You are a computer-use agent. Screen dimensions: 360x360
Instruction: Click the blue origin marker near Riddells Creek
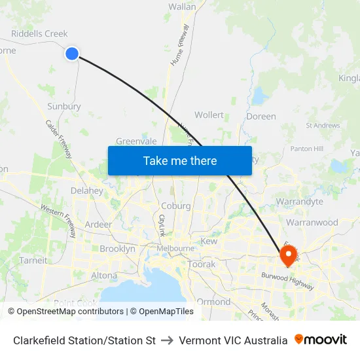(72, 54)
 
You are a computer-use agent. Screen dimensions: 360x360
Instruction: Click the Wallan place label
(182, 7)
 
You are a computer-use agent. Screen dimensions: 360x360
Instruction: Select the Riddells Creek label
(39, 34)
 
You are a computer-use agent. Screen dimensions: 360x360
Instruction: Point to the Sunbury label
(63, 106)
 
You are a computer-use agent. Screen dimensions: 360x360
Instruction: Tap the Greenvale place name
(136, 141)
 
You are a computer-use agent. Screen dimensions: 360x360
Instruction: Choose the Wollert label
(209, 115)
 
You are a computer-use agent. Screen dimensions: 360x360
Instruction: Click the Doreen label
(261, 117)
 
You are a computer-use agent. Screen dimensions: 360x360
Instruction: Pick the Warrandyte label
(300, 202)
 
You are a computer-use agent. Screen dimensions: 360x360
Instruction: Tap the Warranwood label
(312, 223)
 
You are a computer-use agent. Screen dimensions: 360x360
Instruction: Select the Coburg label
(176, 206)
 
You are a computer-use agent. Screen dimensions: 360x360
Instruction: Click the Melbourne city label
(175, 249)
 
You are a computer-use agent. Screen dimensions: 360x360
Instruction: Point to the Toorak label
(201, 264)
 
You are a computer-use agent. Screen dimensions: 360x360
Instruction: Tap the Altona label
(104, 276)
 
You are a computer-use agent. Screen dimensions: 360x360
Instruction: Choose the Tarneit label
(33, 261)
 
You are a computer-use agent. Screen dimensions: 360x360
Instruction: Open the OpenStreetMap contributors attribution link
(65, 312)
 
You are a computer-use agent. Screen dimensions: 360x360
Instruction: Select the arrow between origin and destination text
(167, 340)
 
